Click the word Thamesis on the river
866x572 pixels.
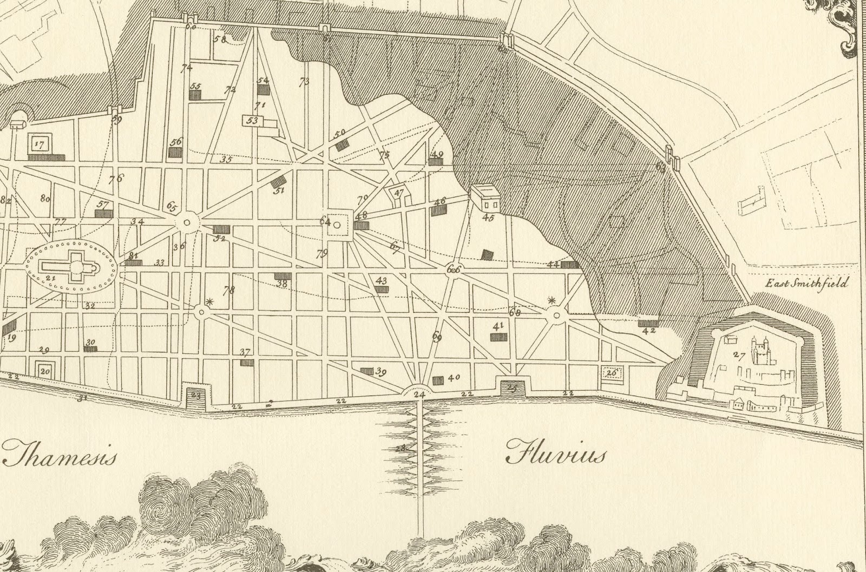coord(61,455)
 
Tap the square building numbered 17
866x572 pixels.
coord(38,144)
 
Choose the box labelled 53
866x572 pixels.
coord(253,121)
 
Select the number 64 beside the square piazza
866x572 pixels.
coord(325,221)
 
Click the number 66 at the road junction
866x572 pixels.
coord(454,269)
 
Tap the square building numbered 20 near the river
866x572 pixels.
coord(45,371)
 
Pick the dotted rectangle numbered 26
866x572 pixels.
coord(612,372)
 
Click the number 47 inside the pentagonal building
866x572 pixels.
coord(399,193)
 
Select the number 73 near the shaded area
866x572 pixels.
coord(304,82)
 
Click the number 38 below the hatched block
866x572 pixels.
coord(282,283)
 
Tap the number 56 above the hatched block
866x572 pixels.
coord(176,142)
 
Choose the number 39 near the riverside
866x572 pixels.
coord(380,372)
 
